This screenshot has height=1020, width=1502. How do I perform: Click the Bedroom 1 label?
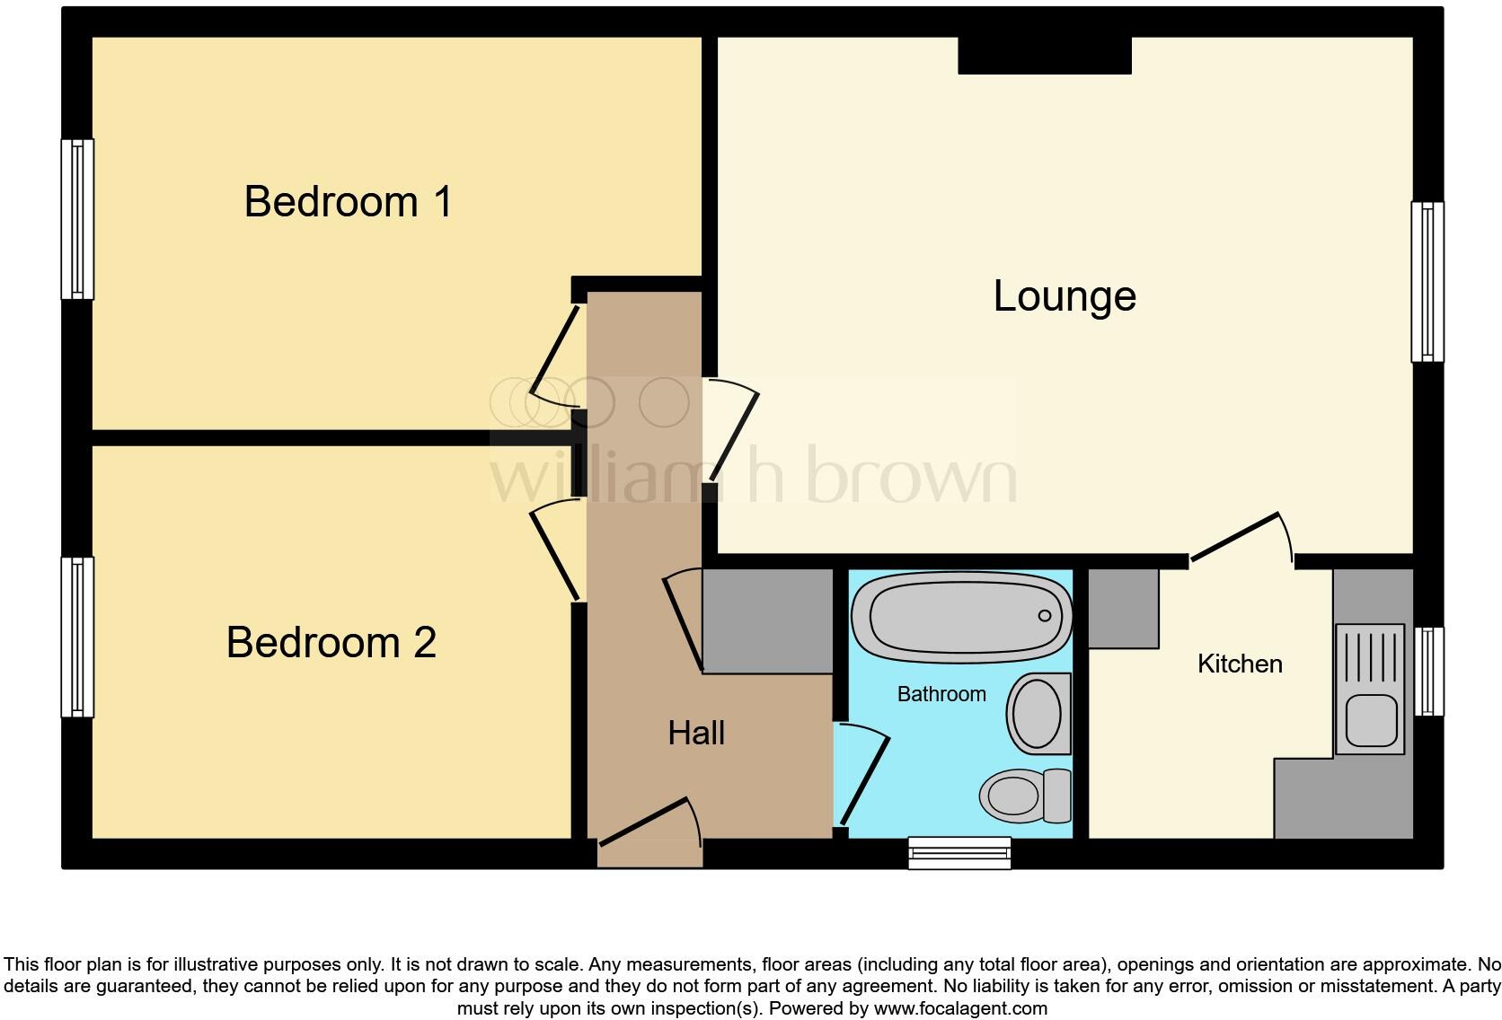click(348, 202)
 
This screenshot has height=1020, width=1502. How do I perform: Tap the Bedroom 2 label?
click(331, 643)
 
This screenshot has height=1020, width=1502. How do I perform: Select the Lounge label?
click(1065, 296)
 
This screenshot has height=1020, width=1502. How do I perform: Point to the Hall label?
click(696, 734)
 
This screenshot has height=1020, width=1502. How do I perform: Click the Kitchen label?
click(1240, 664)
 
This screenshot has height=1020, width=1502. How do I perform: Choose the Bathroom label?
click(941, 694)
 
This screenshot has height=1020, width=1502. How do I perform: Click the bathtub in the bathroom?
click(961, 616)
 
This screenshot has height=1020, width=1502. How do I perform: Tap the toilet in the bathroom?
click(1025, 795)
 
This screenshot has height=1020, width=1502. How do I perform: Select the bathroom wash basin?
click(1039, 714)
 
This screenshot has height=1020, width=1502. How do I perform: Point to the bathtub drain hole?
click(1045, 616)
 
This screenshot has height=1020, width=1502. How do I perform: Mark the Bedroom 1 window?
click(77, 219)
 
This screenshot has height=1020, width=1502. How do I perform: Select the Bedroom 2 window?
click(77, 637)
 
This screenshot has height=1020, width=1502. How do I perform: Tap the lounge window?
click(1427, 282)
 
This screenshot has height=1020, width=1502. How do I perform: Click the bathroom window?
click(959, 852)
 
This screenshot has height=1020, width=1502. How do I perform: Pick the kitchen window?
click(1428, 671)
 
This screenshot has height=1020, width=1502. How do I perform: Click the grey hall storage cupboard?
click(767, 620)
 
